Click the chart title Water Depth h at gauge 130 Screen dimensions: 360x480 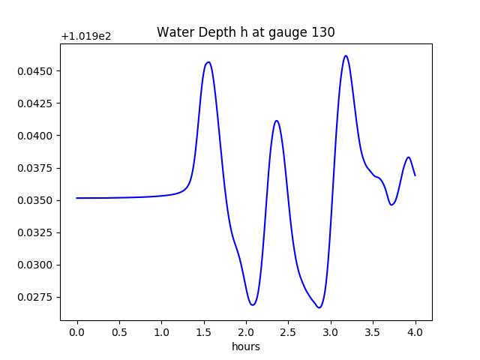point(245,32)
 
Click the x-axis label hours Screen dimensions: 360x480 point(245,346)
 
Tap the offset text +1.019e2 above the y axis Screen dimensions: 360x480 point(86,36)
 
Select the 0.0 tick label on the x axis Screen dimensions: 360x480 point(77,331)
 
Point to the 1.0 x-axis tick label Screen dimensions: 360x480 point(162,331)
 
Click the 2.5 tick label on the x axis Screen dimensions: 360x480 point(289,331)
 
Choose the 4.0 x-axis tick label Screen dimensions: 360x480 point(415,331)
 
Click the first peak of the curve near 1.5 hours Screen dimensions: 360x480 point(208,62)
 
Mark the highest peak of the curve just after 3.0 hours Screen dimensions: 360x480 point(346,55)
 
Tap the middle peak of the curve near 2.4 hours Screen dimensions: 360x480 point(277,121)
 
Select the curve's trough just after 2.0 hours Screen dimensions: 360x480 point(253,304)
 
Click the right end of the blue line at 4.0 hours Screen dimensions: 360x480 point(415,175)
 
